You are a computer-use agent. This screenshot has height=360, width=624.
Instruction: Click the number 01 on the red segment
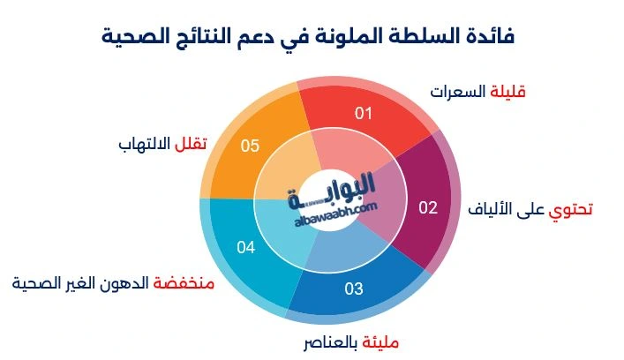pos(364,113)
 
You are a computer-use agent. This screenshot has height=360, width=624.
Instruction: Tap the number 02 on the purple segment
pos(427,208)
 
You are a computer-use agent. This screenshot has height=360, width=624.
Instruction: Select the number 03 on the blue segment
pos(354,289)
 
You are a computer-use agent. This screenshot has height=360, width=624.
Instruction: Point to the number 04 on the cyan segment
pos(245,247)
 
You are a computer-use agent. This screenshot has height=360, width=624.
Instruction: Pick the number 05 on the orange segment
pos(250,146)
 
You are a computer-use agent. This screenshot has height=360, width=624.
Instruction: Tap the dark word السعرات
pos(458,91)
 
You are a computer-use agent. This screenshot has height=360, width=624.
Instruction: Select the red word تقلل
pos(192,143)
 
